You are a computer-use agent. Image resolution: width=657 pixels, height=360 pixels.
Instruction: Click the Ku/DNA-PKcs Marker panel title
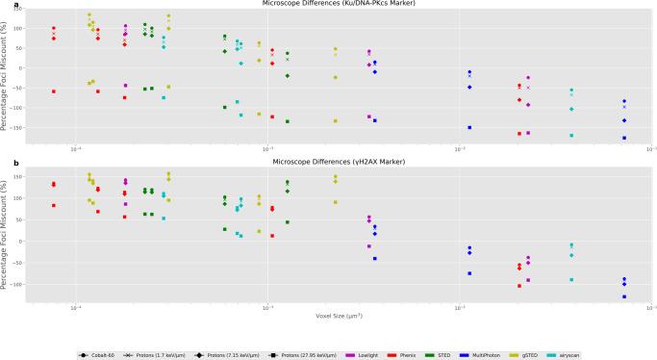pyautogui.click(x=329, y=4)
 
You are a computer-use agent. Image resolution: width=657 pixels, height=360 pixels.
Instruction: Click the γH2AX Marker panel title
pyautogui.click(x=329, y=161)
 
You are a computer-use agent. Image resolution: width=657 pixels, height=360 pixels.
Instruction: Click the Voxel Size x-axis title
pyautogui.click(x=329, y=316)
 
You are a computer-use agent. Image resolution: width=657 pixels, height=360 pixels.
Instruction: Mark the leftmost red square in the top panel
pyautogui.click(x=54, y=91)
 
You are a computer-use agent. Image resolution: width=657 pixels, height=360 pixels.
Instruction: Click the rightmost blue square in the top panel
pyautogui.click(x=624, y=138)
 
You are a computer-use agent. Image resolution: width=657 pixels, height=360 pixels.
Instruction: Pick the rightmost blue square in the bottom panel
pyautogui.click(x=624, y=296)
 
